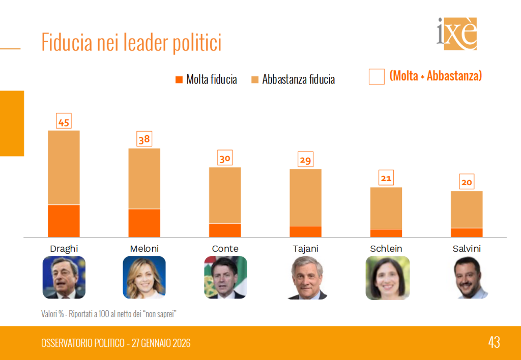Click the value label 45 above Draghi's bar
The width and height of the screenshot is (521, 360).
pos(64,122)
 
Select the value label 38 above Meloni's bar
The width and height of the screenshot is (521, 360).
pos(144,139)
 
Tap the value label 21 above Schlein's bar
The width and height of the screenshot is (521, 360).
pos(386,178)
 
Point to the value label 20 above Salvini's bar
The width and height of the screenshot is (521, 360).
pos(467,182)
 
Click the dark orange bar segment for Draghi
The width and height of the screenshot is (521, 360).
pos(64,221)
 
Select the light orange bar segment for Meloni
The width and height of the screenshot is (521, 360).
pos(144,178)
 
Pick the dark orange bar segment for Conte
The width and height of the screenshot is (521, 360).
pos(225,230)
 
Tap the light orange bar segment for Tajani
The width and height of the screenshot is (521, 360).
pos(305,197)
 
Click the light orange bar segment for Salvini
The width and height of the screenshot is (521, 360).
pos(467,209)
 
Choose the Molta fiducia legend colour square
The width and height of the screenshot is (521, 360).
pos(179,79)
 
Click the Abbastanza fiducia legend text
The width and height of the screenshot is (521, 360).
pos(298,79)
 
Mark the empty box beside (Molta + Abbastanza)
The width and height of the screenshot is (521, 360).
pos(377,77)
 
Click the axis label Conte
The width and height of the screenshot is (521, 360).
pos(225,249)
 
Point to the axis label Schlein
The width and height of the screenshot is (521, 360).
pos(386,249)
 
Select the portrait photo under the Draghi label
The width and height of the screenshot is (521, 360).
pos(64,278)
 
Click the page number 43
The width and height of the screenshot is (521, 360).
pos(494,342)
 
